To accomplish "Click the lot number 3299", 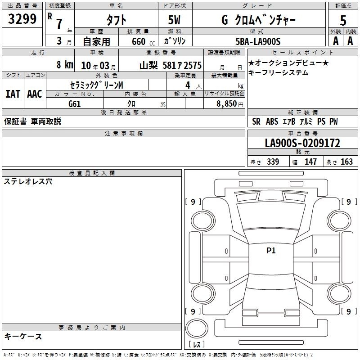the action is coord(22,19).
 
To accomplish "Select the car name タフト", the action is coord(116,20).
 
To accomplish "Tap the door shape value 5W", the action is coord(174,20).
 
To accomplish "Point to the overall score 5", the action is coord(343,20).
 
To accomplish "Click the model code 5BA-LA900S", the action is coord(258,41).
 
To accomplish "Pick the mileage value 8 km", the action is coord(65,64).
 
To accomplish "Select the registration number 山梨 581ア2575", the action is coord(171,65).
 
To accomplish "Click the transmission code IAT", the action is coord(13,94).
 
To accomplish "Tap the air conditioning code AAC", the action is coord(35,94).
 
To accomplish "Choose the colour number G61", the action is coord(75,104).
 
